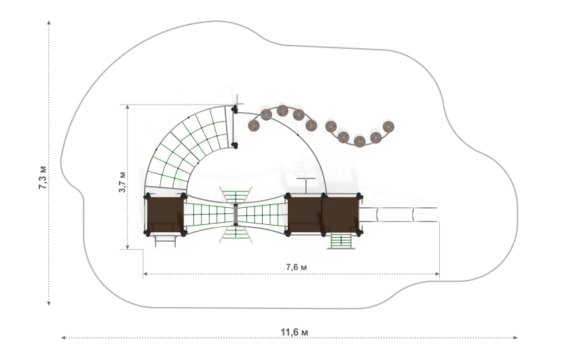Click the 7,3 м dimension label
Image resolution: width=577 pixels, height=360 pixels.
pyautogui.click(x=43, y=177)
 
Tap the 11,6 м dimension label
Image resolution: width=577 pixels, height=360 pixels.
pyautogui.click(x=295, y=332)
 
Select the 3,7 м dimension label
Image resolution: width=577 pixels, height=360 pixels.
pyautogui.click(x=122, y=182)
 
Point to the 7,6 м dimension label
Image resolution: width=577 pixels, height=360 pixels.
pyautogui.click(x=296, y=267)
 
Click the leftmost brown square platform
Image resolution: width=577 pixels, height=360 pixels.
pyautogui.click(x=165, y=215)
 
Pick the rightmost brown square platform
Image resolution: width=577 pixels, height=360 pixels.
pyautogui.click(x=341, y=215)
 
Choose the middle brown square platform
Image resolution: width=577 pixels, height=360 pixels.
pyautogui.click(x=305, y=215)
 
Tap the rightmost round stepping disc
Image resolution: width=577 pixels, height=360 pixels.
pyautogui.click(x=388, y=126)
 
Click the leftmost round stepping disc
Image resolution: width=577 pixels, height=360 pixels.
pyautogui.click(x=254, y=126)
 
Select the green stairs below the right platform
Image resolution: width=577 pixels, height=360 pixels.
pyautogui.click(x=341, y=241)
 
